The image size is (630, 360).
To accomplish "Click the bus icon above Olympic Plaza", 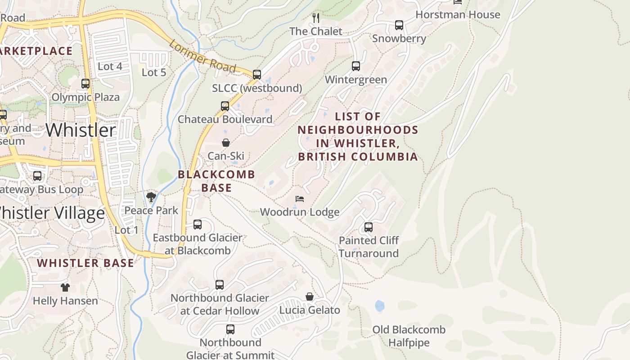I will point(85,84).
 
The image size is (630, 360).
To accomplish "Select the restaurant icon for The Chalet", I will point(316,18).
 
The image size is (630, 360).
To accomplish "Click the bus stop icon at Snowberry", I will point(399,25).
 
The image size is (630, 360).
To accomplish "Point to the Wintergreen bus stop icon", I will point(356,66).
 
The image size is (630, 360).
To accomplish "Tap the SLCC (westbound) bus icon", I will point(257,75).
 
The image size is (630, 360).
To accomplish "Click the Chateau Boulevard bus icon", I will point(225,106).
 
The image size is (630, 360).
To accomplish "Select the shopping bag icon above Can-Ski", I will point(226,143).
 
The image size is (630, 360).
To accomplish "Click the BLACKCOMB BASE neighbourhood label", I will point(216,181).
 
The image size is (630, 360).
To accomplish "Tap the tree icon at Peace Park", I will point(151,197).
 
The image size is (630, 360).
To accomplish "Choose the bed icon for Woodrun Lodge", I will point(300,198).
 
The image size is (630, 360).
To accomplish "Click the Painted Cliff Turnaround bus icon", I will point(369,227).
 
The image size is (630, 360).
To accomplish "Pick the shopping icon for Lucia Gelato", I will point(310,297).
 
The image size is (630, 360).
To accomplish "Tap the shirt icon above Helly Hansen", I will point(65,287).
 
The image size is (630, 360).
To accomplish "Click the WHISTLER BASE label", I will point(85,263).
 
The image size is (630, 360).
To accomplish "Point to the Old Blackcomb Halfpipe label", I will point(409,336).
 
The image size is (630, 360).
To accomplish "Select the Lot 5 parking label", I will point(154,72).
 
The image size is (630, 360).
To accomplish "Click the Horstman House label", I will point(458,15).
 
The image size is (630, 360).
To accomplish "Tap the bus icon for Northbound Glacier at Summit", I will point(230,329).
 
